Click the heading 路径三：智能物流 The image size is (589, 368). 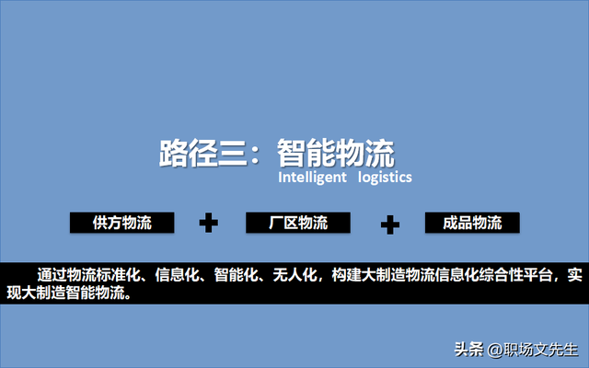point(277,153)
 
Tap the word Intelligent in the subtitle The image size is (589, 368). point(312,177)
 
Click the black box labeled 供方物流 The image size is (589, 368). point(122,223)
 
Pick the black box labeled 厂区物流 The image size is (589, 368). point(298,223)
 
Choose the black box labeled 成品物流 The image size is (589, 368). point(472,223)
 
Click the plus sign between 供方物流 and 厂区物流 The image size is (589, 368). point(209,223)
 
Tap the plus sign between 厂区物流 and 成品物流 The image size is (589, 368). point(390,224)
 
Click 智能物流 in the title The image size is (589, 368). point(336,153)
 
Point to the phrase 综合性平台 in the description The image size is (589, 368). point(514,276)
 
